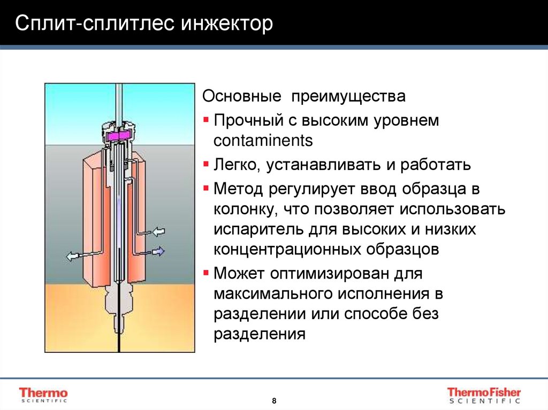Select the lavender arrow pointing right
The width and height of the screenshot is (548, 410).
158,250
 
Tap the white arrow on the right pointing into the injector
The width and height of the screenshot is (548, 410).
159,231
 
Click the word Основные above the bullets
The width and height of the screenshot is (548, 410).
241,97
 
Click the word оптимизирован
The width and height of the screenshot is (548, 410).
328,274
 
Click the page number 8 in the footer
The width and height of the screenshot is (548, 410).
275,400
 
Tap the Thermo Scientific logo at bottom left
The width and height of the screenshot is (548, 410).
43,394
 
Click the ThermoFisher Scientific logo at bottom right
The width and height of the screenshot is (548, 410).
484,394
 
